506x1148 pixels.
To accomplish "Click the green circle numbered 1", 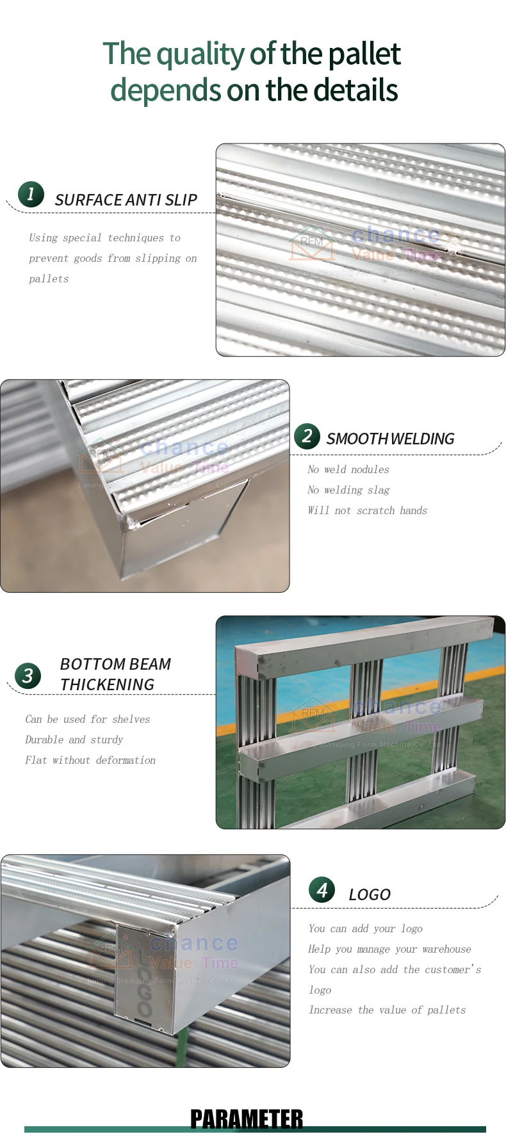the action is (31, 194).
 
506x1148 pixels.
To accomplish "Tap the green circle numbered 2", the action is (307, 436).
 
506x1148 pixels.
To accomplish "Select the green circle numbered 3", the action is (28, 675).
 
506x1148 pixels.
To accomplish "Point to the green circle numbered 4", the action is (322, 889).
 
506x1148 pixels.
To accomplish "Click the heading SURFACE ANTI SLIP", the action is (126, 200).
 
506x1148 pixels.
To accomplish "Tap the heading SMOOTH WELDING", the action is (390, 439).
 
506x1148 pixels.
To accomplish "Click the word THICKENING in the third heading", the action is (107, 684).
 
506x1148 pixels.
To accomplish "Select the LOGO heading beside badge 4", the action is (370, 894).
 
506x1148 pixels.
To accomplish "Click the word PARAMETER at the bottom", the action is (247, 1119).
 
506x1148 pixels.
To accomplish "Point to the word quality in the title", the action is (202, 54).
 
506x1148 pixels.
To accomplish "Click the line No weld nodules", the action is (348, 469).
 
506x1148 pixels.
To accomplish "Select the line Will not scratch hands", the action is (367, 510).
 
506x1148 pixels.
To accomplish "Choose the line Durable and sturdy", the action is (74, 740).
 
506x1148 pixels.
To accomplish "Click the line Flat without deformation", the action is (90, 760).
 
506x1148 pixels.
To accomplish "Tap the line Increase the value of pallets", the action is (387, 1010).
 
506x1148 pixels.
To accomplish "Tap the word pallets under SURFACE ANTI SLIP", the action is (49, 279).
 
